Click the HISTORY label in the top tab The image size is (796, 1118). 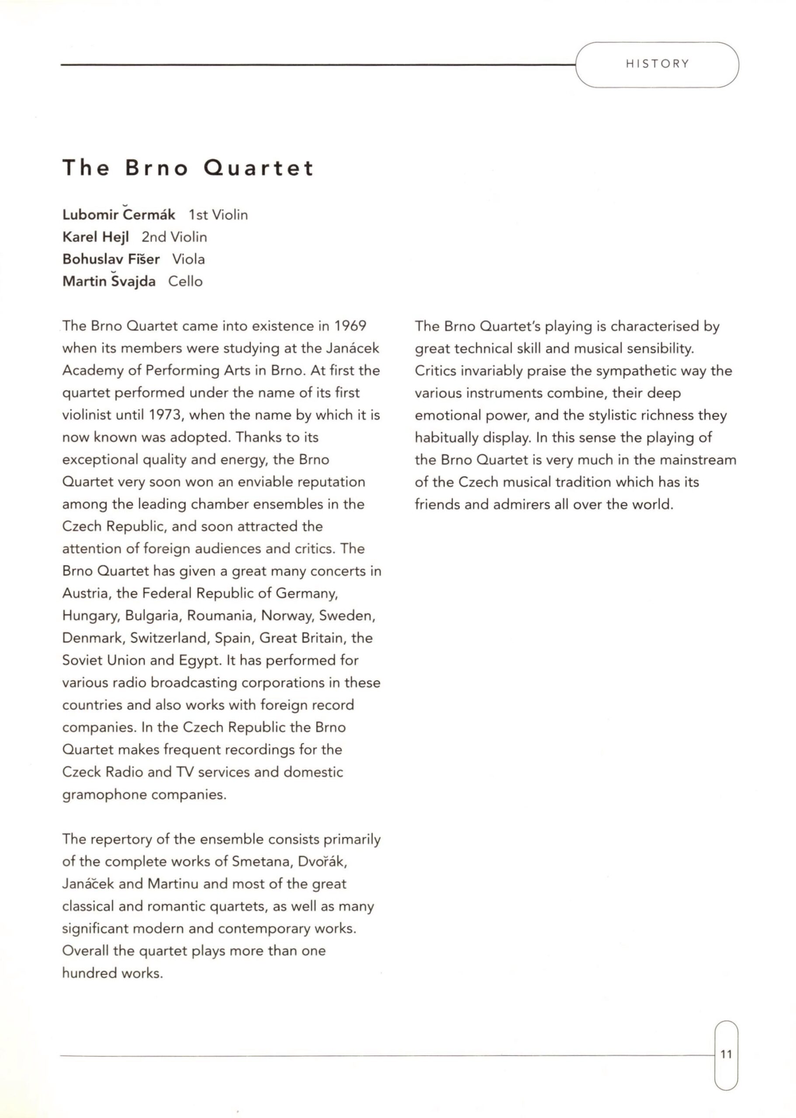[657, 64]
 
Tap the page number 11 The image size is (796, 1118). [727, 1054]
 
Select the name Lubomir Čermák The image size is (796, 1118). [119, 214]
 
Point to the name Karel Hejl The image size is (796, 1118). [96, 237]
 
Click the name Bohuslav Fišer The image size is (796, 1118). [111, 259]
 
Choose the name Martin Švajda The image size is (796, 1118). [109, 281]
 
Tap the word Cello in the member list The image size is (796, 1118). [185, 281]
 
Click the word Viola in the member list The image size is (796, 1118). [188, 259]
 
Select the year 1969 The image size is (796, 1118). [350, 326]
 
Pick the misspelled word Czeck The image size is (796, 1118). [81, 772]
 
